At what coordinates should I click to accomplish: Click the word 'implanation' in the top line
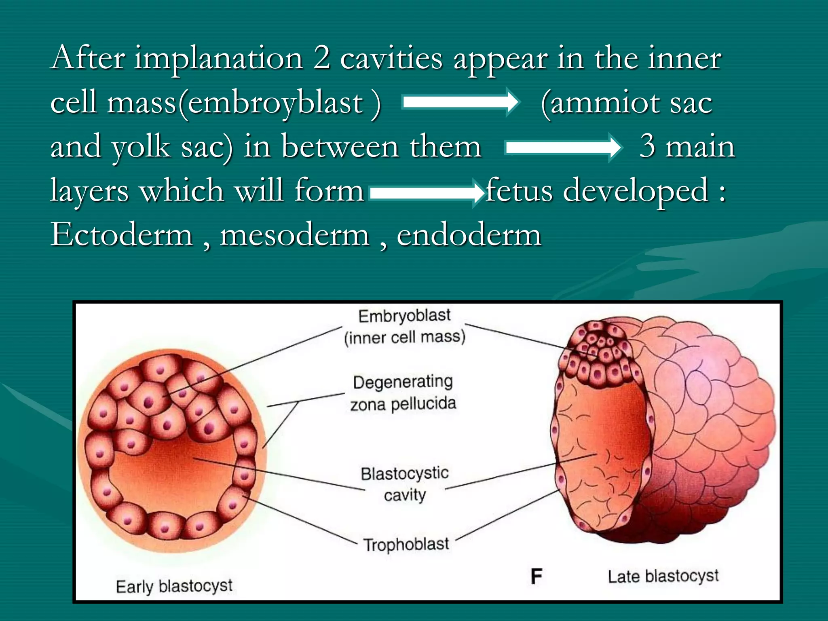point(218,59)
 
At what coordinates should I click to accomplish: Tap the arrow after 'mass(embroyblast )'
point(460,102)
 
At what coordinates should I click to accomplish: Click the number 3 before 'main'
point(647,146)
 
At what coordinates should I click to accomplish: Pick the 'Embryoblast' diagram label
point(404,316)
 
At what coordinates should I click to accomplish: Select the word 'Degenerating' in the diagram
point(403,382)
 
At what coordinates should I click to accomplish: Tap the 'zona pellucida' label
point(403,404)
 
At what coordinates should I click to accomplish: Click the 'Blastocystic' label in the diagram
point(405,473)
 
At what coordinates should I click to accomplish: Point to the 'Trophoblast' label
point(406,545)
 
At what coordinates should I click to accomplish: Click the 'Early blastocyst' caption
point(174,586)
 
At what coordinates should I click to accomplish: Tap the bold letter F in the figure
point(536,577)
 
